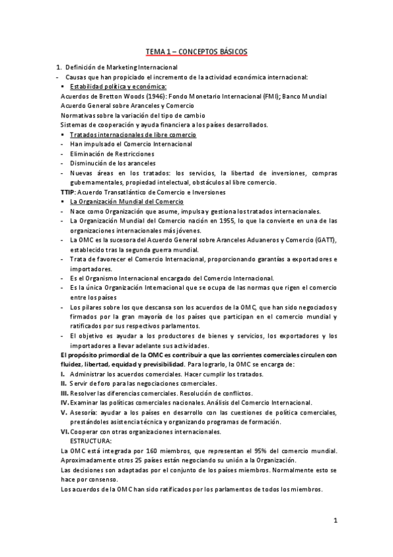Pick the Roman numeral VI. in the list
tap(64, 432)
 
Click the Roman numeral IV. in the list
tap(64, 402)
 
